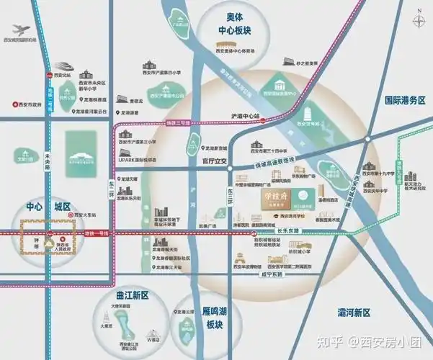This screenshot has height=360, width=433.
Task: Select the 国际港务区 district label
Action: coord(406,102)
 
